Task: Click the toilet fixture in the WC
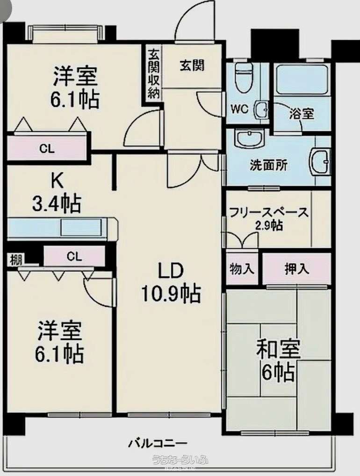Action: (243, 76)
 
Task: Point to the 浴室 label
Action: (301, 114)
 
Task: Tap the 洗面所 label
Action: (268, 166)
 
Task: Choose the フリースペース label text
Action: (268, 212)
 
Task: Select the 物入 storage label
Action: (242, 269)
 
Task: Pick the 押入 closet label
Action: (296, 269)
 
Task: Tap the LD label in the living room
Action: (170, 272)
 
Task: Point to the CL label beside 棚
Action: (74, 256)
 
